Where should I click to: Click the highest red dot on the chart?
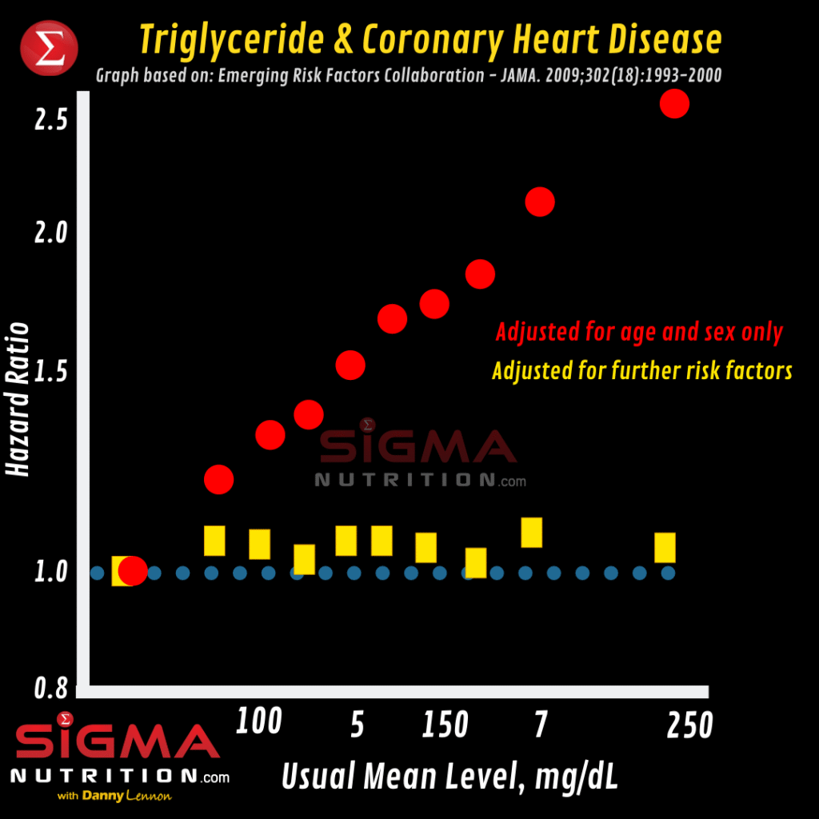pos(674,103)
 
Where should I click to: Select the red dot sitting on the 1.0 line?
pos(133,570)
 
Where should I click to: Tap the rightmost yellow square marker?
pos(665,548)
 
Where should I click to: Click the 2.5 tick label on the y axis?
pos(50,119)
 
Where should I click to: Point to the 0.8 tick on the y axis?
pos(50,689)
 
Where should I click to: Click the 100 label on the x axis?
pos(259,721)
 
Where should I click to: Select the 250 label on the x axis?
pos(689,726)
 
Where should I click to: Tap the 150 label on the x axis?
pos(445,726)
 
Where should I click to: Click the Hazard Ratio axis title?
pos(18,400)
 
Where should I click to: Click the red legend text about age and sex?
pos(639,332)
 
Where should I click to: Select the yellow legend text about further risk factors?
pos(641,371)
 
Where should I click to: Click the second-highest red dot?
pos(540,202)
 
